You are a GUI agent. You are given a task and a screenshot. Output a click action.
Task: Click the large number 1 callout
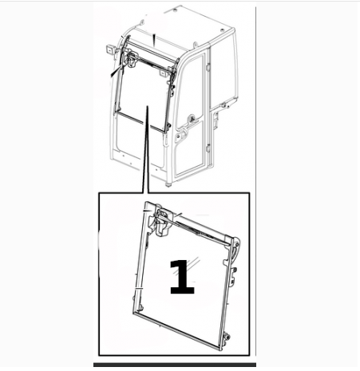(x=182, y=277)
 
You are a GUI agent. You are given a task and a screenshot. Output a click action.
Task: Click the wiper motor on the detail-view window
(x=162, y=223)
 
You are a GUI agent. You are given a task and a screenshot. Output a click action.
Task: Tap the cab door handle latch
(x=192, y=119)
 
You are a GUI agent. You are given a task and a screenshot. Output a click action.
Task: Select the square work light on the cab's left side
(x=110, y=49)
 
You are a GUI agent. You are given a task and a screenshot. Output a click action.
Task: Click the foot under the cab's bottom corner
(x=168, y=184)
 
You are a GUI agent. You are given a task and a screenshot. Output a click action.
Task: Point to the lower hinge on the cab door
(x=208, y=148)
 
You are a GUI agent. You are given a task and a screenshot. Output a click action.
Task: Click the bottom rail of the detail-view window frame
(x=176, y=330)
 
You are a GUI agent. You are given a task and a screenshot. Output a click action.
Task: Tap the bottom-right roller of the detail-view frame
(x=227, y=337)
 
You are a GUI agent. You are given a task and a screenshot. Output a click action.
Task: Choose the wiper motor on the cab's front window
(x=131, y=58)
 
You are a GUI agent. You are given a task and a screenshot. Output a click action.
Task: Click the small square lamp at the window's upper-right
(x=162, y=73)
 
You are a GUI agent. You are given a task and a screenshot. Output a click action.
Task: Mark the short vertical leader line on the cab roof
(x=154, y=41)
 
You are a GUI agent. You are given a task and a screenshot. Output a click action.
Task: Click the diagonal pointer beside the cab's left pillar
(x=116, y=71)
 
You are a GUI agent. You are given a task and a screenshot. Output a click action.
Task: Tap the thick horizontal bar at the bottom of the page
(x=175, y=365)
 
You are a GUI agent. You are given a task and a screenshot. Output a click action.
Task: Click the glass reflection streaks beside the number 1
(x=194, y=263)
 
